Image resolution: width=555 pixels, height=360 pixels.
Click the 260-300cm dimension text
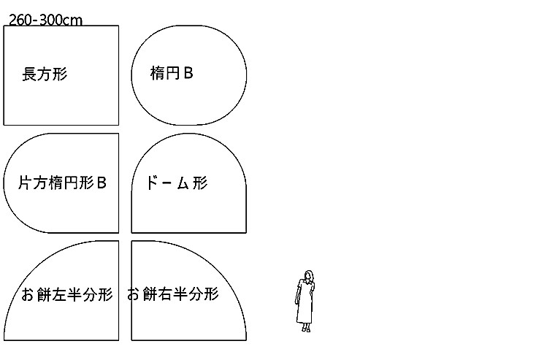pos(45,20)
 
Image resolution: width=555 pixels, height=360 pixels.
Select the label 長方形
pos(45,74)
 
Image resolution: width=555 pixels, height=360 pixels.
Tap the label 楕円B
pos(172,73)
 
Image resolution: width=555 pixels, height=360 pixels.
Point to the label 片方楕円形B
pos(62,183)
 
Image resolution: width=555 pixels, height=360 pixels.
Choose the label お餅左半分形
pos(67,295)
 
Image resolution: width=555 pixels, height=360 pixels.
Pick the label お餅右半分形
pos(173,295)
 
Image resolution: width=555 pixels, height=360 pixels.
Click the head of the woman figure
pos(308,276)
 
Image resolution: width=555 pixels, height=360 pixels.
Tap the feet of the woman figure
pos(306,329)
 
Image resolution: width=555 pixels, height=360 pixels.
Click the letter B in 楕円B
pos(188,73)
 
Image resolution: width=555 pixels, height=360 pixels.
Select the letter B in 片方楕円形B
pos(102,183)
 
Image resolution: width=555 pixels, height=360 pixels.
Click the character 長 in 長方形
pos(30,74)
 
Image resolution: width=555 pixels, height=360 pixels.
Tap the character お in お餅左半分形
pos(28,295)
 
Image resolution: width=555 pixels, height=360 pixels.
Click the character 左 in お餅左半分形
pos(59,295)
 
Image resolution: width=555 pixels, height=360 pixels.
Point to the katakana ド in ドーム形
pos(153,183)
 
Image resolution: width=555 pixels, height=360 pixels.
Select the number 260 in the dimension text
pos(21,20)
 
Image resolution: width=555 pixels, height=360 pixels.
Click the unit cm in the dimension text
pos(73,20)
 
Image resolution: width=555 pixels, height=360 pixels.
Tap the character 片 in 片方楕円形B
pos(25,183)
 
